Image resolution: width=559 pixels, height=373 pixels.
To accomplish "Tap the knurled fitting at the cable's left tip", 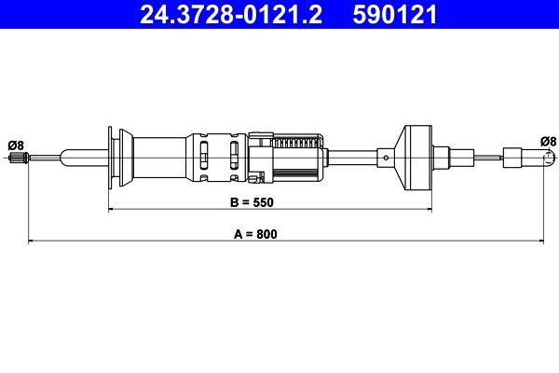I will pos(16,164).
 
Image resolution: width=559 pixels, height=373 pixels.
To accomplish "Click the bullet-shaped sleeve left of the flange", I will pos(79,156).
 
